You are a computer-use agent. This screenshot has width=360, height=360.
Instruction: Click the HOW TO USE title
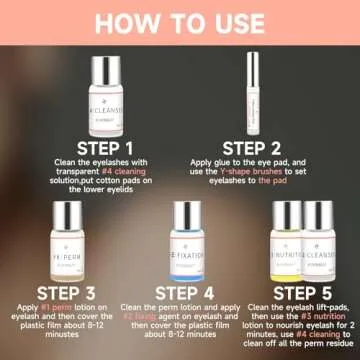(180, 21)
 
